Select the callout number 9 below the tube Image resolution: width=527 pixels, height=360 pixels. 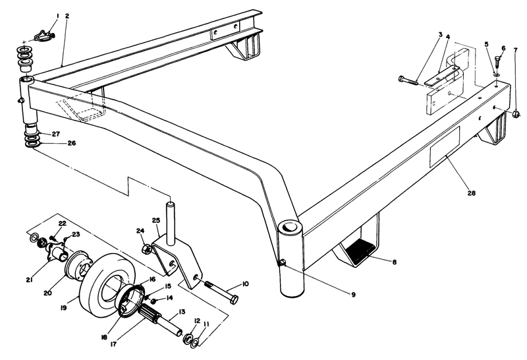click(353, 293)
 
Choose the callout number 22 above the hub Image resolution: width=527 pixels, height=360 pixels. click(62, 224)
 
